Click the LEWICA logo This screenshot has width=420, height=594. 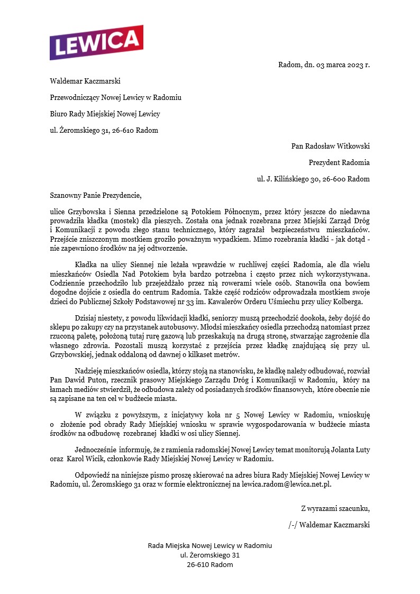click(96, 43)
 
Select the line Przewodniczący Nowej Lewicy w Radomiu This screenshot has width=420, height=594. click(115, 97)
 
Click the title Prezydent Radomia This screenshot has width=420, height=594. click(339, 162)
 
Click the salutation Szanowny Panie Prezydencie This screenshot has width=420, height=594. click(96, 195)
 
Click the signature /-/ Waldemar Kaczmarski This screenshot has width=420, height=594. click(328, 525)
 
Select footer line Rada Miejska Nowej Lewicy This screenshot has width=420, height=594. click(209, 545)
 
